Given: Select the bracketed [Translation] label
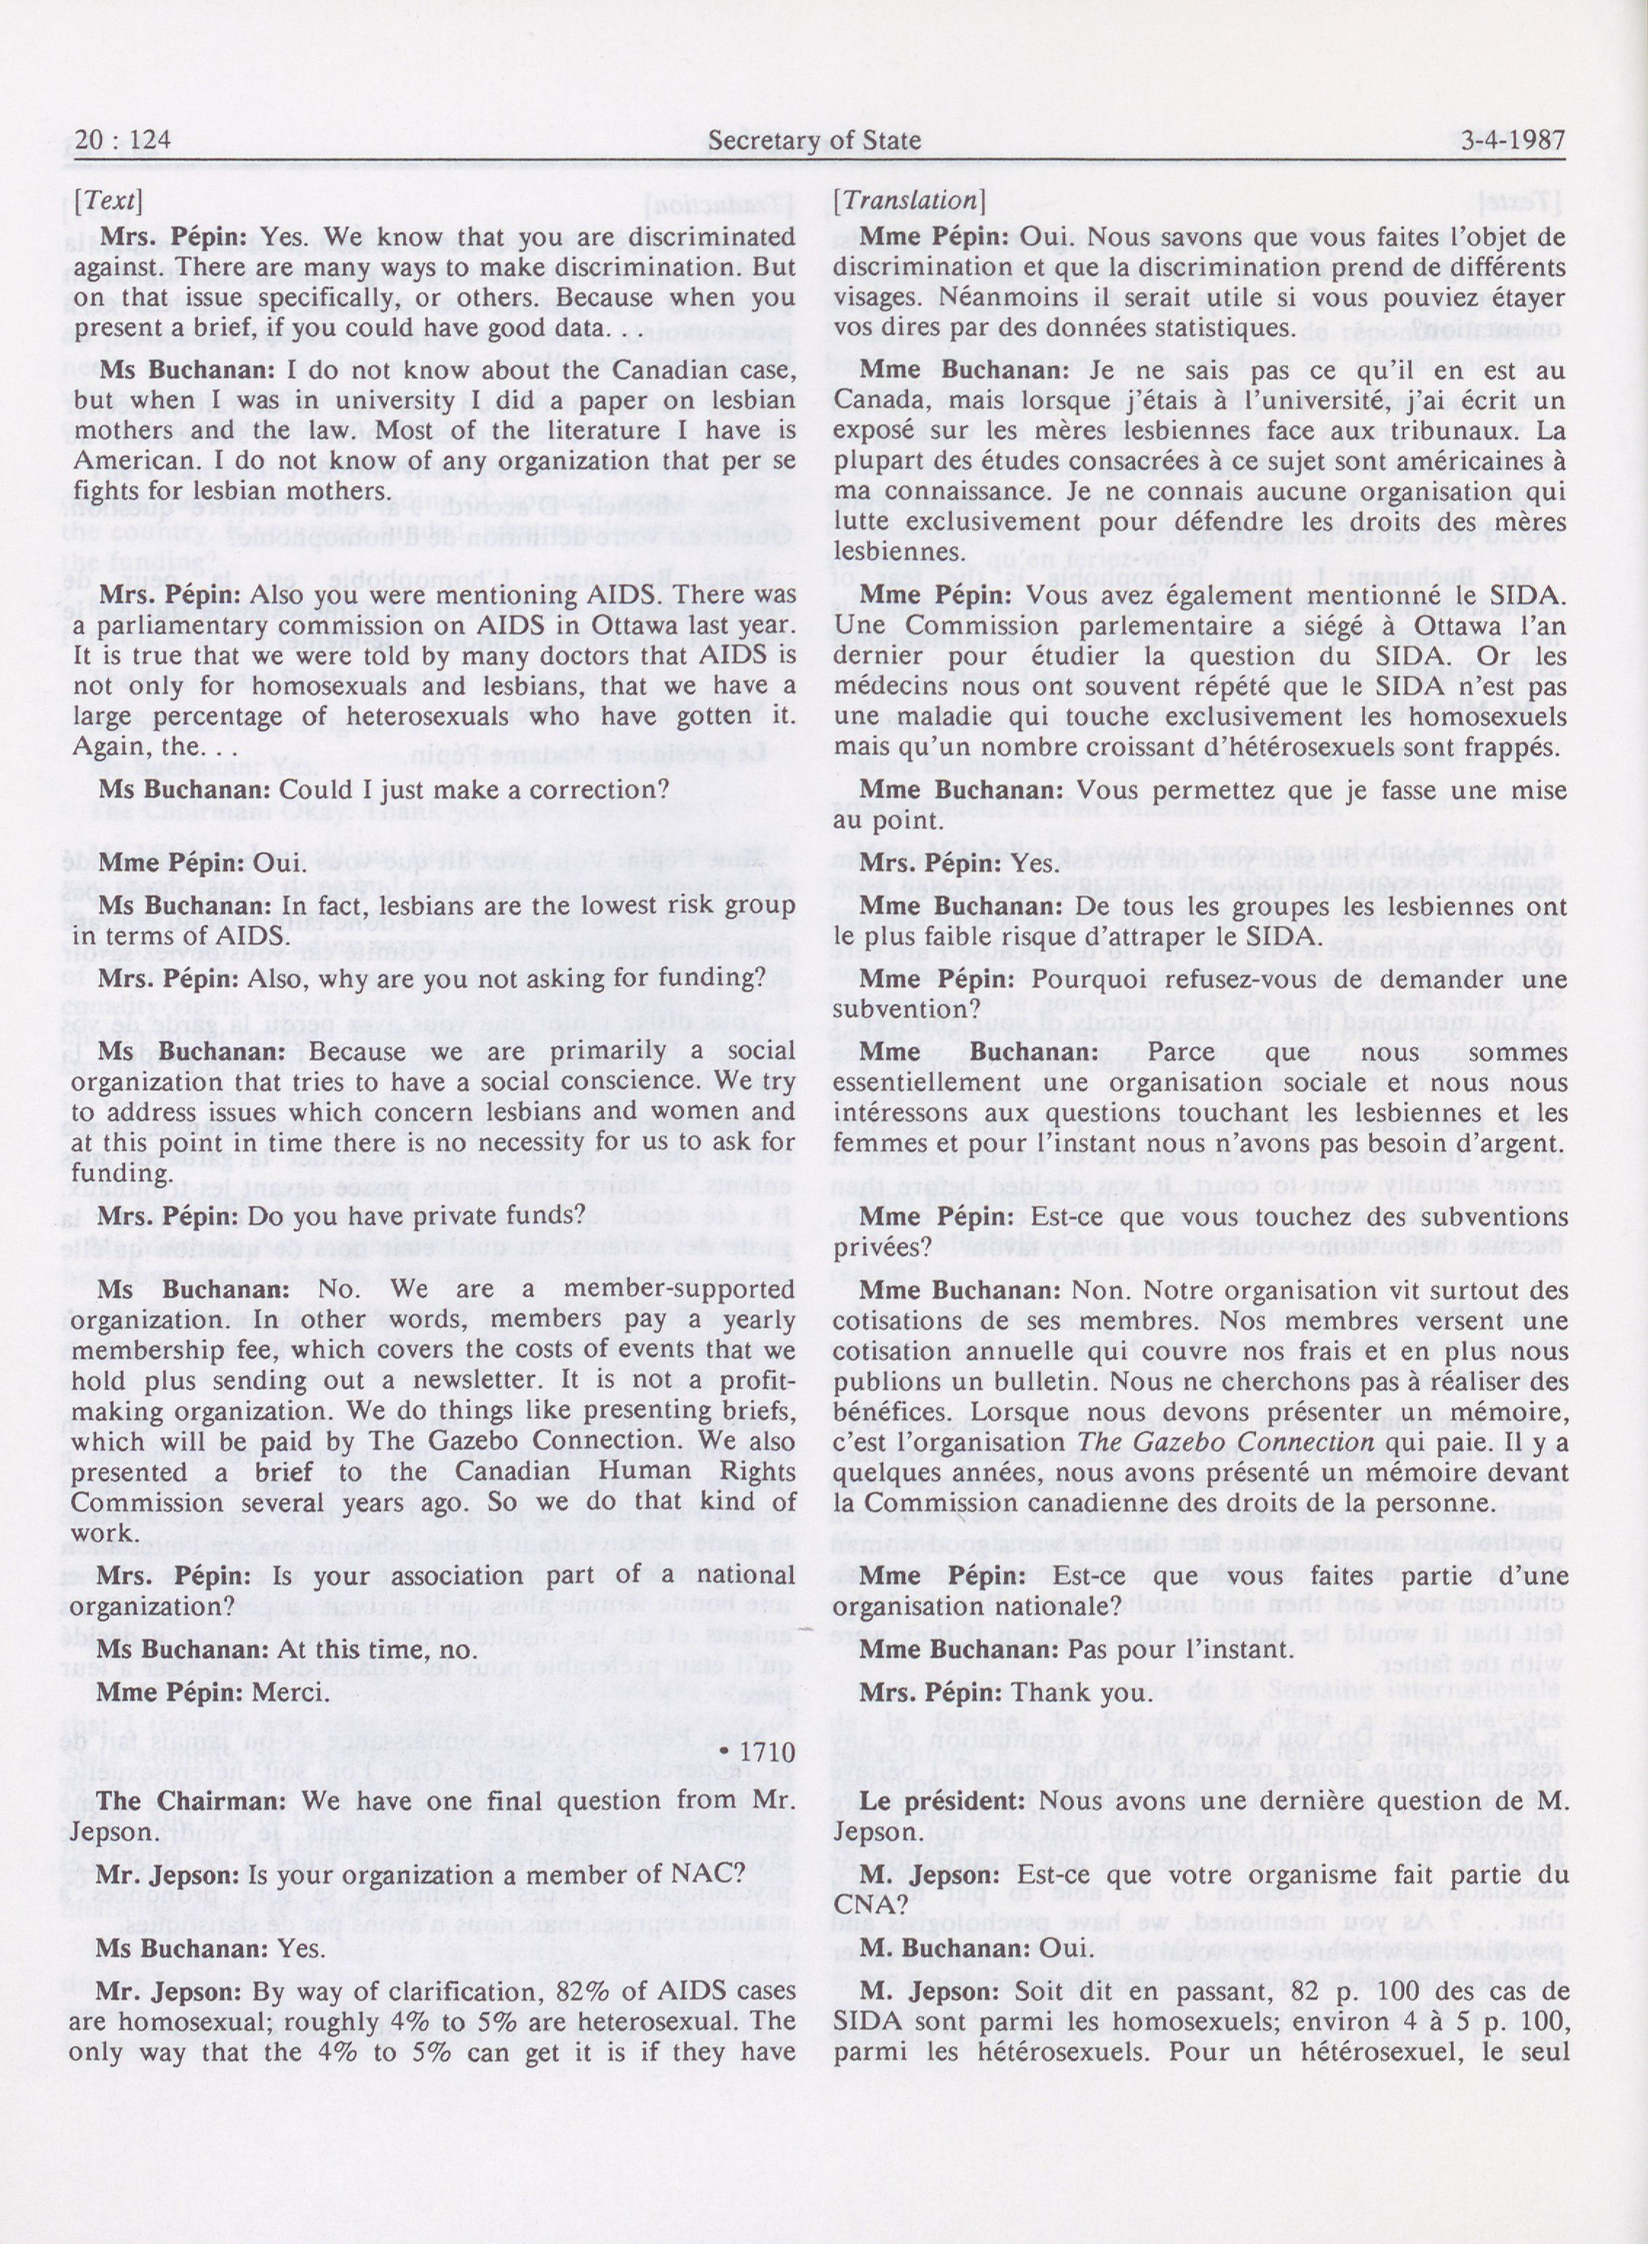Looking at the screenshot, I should coord(909,201).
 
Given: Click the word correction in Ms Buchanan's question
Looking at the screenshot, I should coord(599,789).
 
